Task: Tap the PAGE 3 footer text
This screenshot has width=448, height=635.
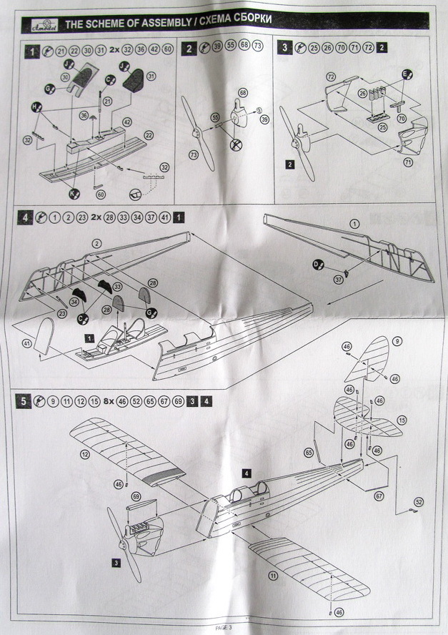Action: (x=224, y=627)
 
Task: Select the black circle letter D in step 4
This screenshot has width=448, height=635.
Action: (x=317, y=265)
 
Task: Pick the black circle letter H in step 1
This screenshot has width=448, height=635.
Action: (x=34, y=107)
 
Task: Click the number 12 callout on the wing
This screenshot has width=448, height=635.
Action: (x=84, y=454)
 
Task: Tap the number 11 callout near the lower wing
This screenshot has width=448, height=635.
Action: (x=272, y=575)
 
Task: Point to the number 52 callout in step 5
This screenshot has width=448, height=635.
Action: (x=419, y=502)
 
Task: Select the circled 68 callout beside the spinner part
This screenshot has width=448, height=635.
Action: (x=243, y=93)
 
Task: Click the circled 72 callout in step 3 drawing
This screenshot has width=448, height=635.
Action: (x=331, y=77)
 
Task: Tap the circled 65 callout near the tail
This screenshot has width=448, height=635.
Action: (x=309, y=453)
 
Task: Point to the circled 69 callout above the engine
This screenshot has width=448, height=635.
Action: (x=136, y=496)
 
